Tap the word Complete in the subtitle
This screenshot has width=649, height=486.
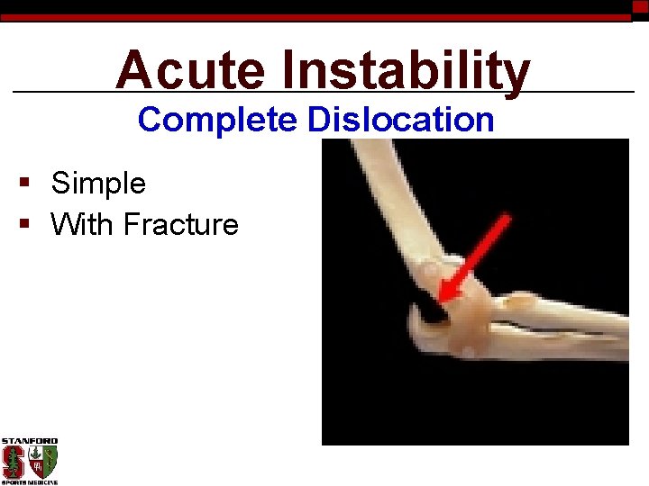(x=218, y=120)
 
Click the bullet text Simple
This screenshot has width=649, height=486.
(x=98, y=184)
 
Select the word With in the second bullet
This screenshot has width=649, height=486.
(x=82, y=224)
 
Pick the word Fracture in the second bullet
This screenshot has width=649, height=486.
(x=180, y=224)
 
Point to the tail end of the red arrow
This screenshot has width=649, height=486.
(x=507, y=217)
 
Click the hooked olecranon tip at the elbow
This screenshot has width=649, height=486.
(x=416, y=318)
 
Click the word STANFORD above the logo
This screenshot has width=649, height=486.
(x=29, y=442)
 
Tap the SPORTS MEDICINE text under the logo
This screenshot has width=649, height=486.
(x=29, y=482)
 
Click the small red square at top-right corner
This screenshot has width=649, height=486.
(x=640, y=6)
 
